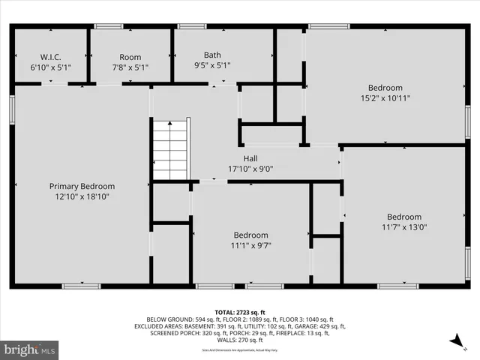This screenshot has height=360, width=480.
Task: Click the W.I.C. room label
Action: [50, 56]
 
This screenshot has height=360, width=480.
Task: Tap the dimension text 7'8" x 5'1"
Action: [130, 67]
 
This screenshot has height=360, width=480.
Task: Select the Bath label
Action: [212, 55]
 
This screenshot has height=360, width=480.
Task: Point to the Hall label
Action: [250, 158]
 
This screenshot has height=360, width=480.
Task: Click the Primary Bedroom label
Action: [82, 186]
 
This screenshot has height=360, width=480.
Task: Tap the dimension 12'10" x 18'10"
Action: [82, 196]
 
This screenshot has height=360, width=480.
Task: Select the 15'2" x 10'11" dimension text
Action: [385, 97]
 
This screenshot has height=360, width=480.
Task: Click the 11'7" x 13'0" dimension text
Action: [404, 228]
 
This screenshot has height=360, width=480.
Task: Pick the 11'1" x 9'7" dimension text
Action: [250, 245]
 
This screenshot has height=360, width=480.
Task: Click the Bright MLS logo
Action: [30, 349]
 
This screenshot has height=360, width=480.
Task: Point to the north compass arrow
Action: [455, 342]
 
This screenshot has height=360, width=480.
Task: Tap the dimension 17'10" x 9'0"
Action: [250, 169]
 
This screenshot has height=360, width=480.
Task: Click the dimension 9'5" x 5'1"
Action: [212, 67]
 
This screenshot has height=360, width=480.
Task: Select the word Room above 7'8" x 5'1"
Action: [130, 57]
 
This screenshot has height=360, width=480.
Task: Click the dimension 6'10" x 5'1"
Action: [50, 67]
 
